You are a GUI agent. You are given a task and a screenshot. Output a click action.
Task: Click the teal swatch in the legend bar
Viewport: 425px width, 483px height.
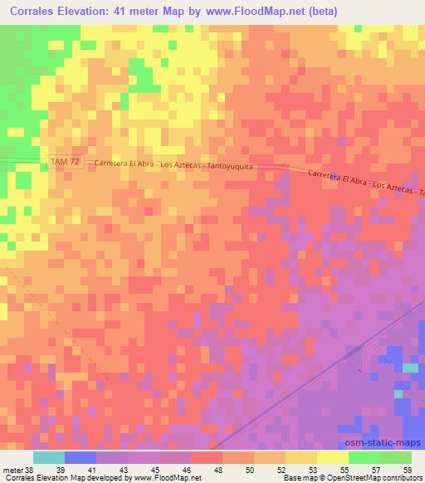click(49, 457)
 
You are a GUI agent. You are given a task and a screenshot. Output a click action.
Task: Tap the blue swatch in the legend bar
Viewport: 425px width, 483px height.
click(81, 457)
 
